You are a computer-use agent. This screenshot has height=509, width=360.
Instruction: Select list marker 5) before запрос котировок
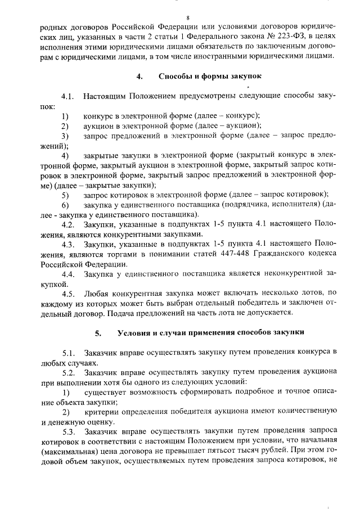point(65,195)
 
